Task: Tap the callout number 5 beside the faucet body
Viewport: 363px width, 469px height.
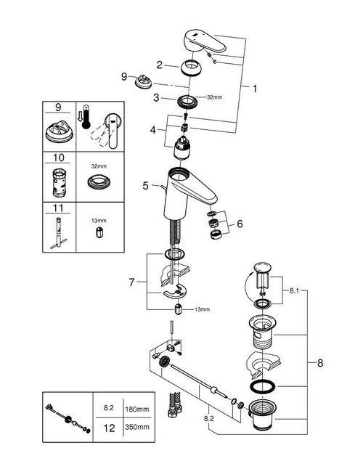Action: point(146,186)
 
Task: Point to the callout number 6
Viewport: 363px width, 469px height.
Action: point(241,226)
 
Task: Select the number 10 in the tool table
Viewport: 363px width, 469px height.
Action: point(58,158)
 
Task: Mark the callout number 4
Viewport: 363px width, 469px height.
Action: point(153,131)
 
